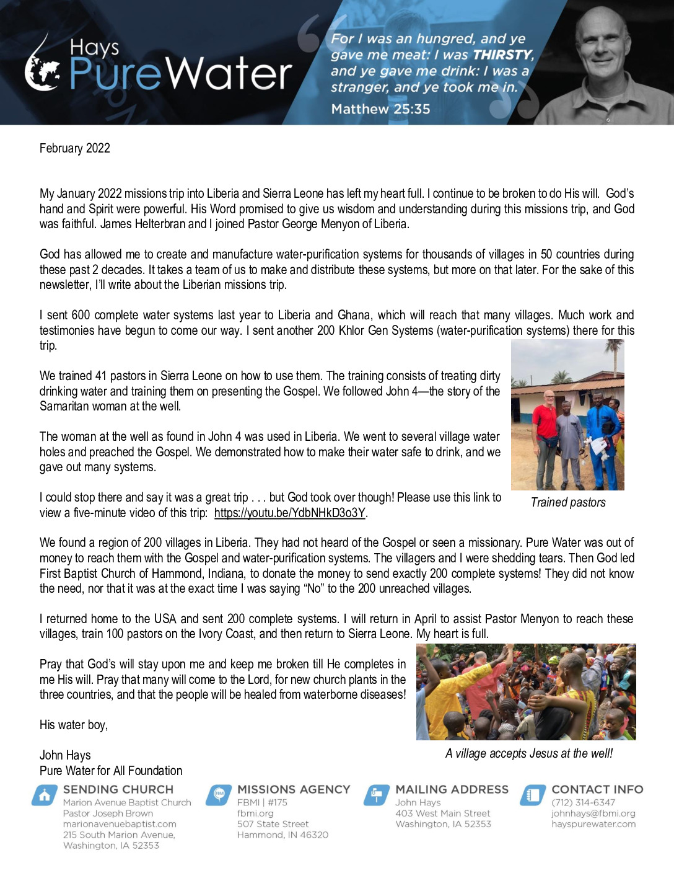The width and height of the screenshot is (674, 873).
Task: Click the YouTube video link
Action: click(x=290, y=513)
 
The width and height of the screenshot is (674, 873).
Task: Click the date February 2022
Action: click(x=75, y=148)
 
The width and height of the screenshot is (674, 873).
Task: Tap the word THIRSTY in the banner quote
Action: click(x=502, y=55)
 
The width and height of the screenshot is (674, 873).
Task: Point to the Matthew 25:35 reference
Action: click(x=380, y=109)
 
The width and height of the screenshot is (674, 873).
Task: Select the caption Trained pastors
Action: click(x=568, y=502)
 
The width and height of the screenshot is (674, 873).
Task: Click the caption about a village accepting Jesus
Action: click(x=528, y=753)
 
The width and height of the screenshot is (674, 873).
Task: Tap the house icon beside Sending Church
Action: click(x=45, y=795)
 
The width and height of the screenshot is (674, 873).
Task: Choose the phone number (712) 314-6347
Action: click(x=583, y=802)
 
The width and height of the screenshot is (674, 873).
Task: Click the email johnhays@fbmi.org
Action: click(x=593, y=813)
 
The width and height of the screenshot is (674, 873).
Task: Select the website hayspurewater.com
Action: click(x=593, y=824)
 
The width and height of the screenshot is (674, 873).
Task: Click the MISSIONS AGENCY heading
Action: click(x=294, y=789)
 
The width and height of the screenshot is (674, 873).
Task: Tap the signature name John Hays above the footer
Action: click(x=65, y=755)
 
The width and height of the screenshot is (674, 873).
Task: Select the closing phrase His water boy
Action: click(x=74, y=725)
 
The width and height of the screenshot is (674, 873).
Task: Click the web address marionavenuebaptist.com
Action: click(x=120, y=824)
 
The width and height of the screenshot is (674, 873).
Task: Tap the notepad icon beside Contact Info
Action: click(x=532, y=795)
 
